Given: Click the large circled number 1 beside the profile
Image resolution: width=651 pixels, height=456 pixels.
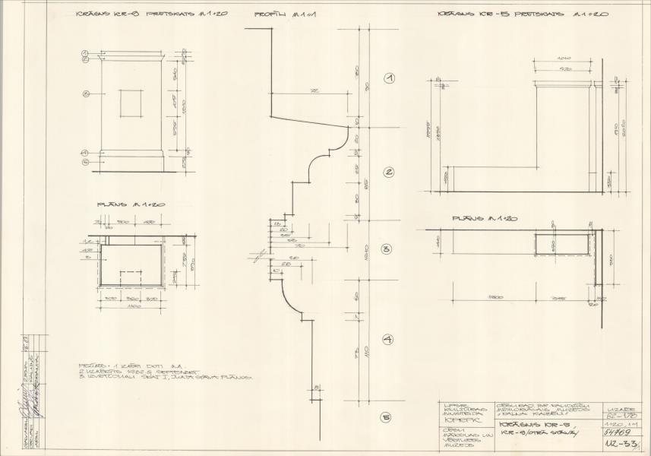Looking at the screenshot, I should (390, 79).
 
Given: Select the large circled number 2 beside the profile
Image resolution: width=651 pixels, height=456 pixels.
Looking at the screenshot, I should (389, 172).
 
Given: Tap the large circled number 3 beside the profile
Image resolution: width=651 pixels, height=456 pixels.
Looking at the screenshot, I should (387, 249).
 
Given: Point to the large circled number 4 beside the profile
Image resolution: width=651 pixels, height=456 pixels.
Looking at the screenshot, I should (387, 339).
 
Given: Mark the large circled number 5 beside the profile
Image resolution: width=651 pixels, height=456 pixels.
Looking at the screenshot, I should (387, 417).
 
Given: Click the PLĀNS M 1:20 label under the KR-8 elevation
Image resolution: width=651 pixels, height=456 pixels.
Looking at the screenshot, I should (122, 205).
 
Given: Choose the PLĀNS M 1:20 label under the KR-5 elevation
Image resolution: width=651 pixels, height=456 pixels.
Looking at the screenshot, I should (485, 219).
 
